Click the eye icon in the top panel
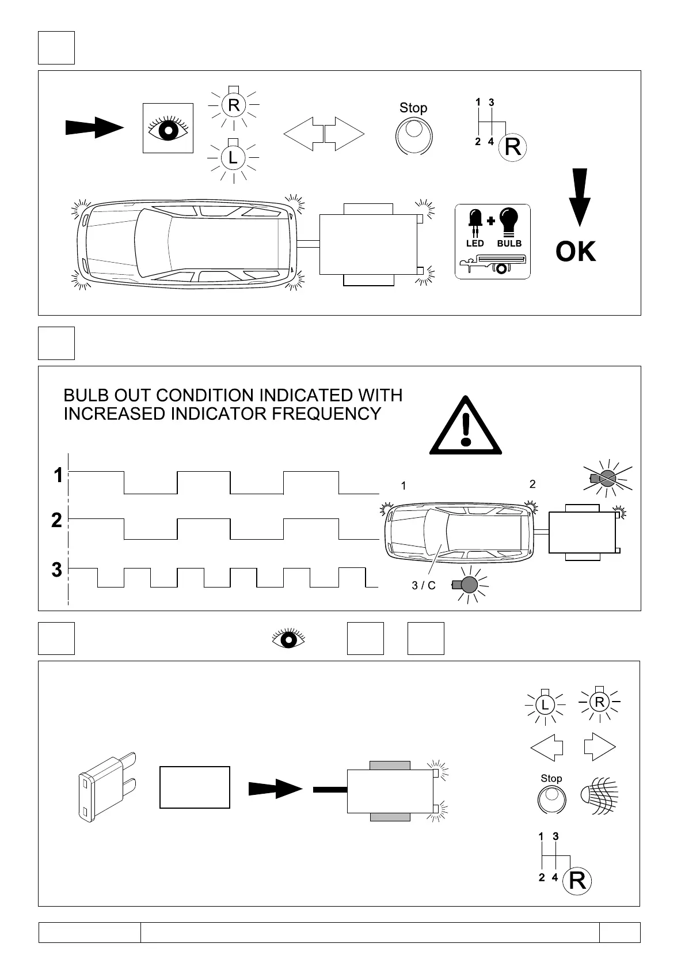point(168,128)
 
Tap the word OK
point(576,252)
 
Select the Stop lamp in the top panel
point(413,137)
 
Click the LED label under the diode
point(475,244)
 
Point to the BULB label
point(509,244)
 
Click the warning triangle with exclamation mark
point(466,426)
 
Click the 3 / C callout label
point(424,586)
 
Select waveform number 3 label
point(56,570)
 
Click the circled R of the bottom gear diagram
point(577,881)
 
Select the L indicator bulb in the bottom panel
point(545,705)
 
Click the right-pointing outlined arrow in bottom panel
point(600,747)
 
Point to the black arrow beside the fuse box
point(275,789)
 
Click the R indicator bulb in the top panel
point(234,105)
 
